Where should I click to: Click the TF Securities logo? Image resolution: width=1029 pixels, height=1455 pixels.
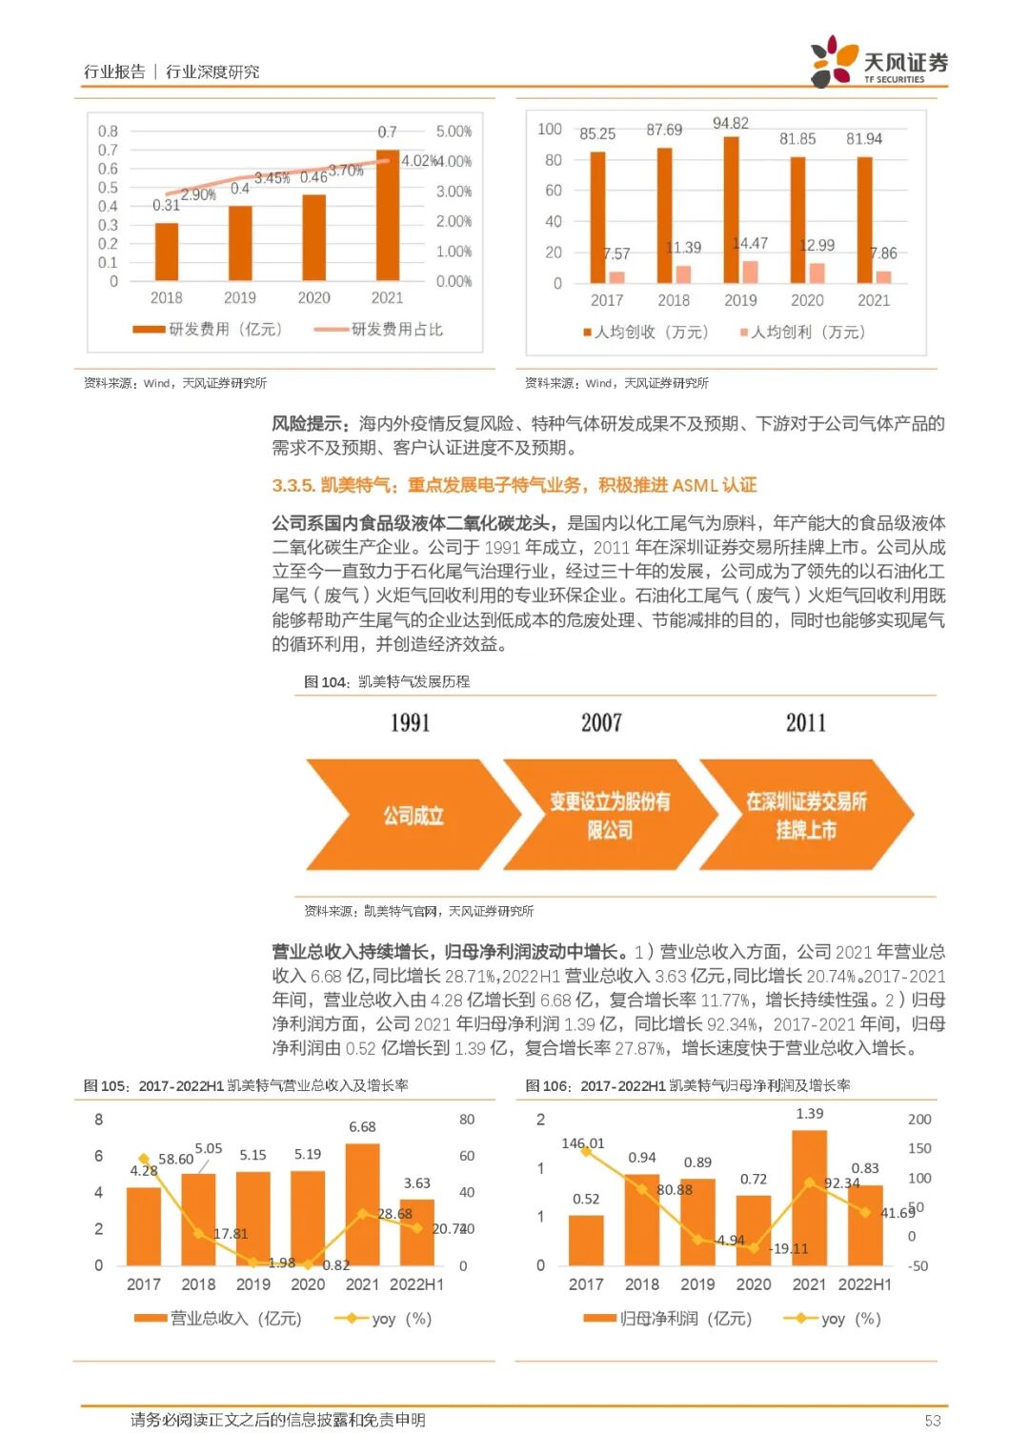878,62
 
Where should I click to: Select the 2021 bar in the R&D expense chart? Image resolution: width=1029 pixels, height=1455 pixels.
388,215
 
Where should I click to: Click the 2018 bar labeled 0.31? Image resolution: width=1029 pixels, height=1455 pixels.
167,252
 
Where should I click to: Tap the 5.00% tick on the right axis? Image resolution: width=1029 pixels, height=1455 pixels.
454,131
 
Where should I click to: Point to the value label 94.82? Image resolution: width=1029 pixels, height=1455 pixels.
731,124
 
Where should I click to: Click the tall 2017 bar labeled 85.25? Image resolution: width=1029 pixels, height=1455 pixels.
597,217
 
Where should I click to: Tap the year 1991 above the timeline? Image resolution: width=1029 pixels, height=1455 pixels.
411,723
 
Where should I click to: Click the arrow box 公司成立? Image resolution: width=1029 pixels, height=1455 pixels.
414,816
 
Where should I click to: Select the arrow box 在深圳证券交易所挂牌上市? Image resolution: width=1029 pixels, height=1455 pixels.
806,816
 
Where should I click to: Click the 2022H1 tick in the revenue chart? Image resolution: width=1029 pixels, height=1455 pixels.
416,1284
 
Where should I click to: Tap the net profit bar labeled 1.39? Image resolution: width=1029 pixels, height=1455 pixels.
809,1199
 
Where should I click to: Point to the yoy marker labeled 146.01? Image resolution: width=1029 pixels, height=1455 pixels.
586,1151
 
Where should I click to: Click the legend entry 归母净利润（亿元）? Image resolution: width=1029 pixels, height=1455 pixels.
668,1319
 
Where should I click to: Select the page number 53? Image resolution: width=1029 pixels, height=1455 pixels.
932,1421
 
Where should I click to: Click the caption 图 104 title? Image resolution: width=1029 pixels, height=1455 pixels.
387,682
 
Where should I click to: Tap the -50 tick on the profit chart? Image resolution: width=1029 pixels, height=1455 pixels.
918,1266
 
